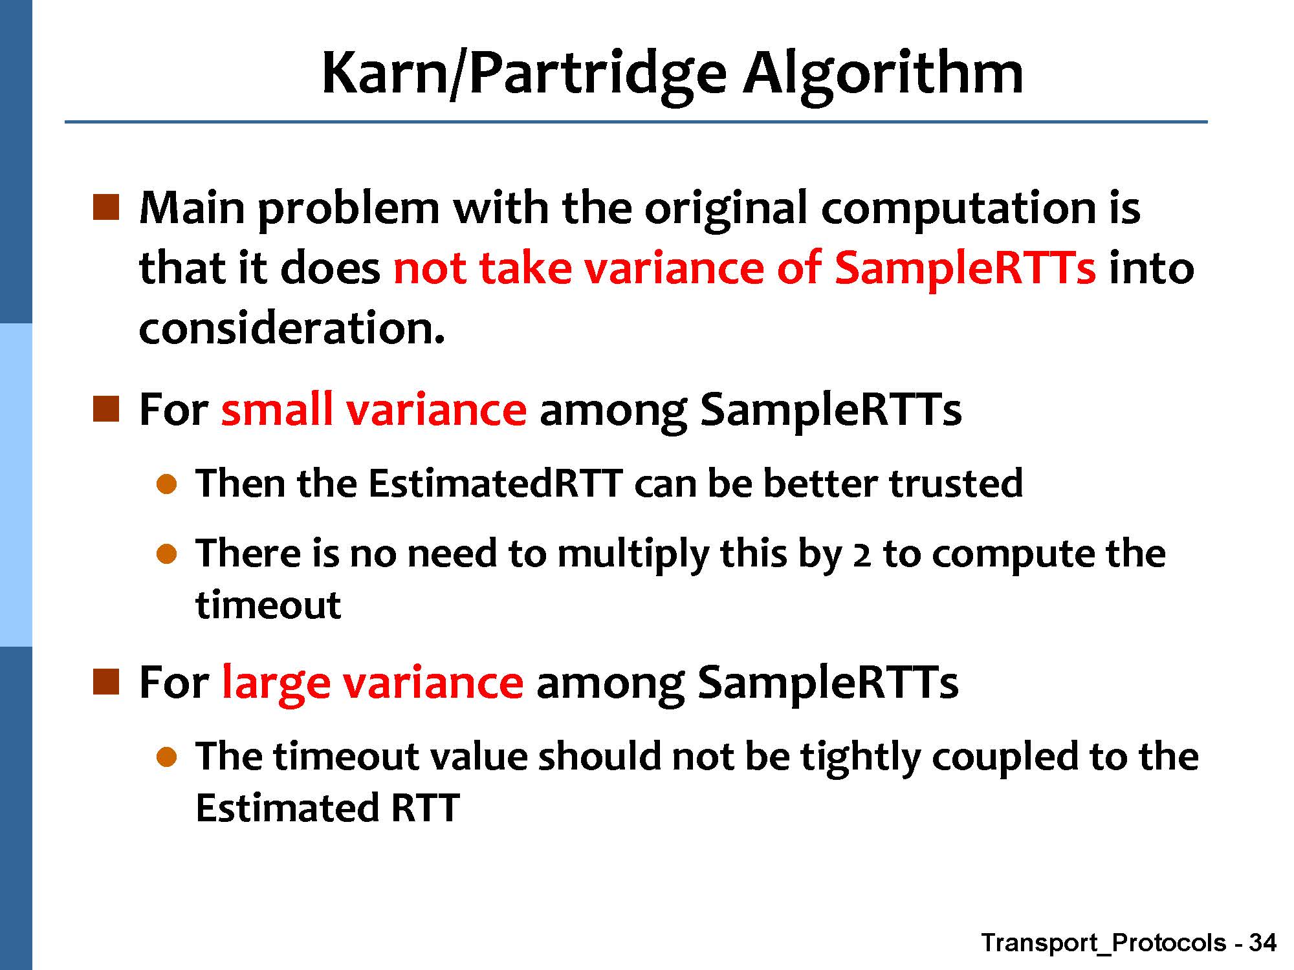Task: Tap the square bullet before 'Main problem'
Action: click(106, 207)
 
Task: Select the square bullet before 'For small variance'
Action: click(106, 409)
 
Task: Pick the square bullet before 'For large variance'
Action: click(106, 682)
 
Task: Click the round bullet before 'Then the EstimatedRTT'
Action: click(167, 484)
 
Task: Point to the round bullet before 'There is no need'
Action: click(167, 554)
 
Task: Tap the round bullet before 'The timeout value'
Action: click(167, 757)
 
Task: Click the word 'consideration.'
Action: click(292, 328)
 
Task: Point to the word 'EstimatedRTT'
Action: click(496, 483)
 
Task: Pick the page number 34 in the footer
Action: click(1262, 943)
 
